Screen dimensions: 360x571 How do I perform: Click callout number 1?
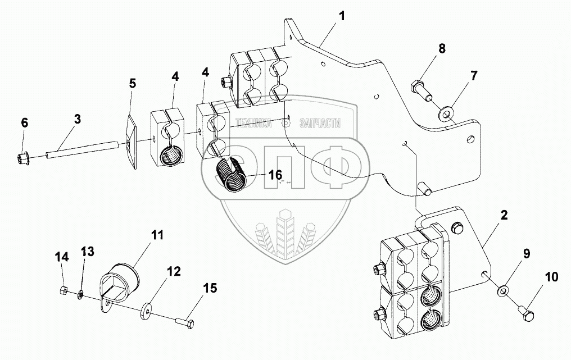[342, 16]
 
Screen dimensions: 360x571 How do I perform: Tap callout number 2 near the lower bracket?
[504, 215]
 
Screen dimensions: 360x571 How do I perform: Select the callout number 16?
[274, 175]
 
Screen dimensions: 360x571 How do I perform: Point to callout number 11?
[157, 235]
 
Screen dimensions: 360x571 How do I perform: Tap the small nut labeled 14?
[64, 290]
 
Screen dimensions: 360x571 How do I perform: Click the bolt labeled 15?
[187, 323]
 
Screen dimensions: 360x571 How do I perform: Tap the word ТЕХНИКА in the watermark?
[254, 124]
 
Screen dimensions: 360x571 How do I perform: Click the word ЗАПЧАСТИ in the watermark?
[320, 124]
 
